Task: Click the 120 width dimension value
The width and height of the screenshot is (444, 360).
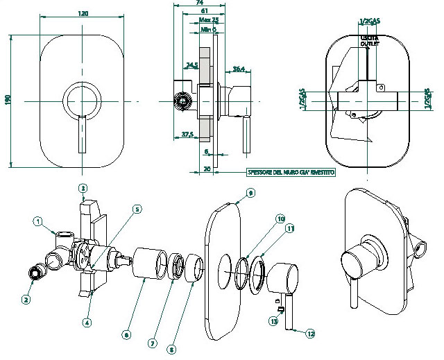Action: tap(83, 13)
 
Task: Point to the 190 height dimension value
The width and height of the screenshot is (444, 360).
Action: tap(8, 101)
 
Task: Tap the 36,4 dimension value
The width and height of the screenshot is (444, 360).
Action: tap(238, 68)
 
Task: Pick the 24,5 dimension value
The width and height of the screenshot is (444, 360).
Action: tap(192, 65)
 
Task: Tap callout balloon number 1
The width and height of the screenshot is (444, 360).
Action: tap(39, 221)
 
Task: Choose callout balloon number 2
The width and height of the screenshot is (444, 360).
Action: tap(26, 300)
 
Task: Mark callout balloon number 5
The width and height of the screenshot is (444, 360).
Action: tap(137, 209)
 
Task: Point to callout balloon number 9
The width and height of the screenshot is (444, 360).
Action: tap(250, 192)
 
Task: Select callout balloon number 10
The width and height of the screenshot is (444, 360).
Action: tap(281, 219)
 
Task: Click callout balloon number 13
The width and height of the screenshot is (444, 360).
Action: tap(274, 322)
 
